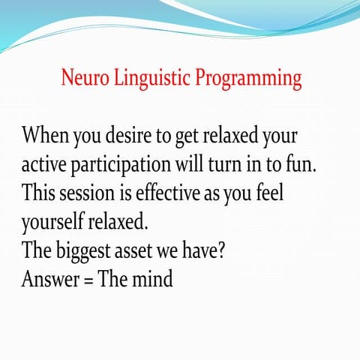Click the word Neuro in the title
pos(85,78)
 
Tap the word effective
pos(181,193)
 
